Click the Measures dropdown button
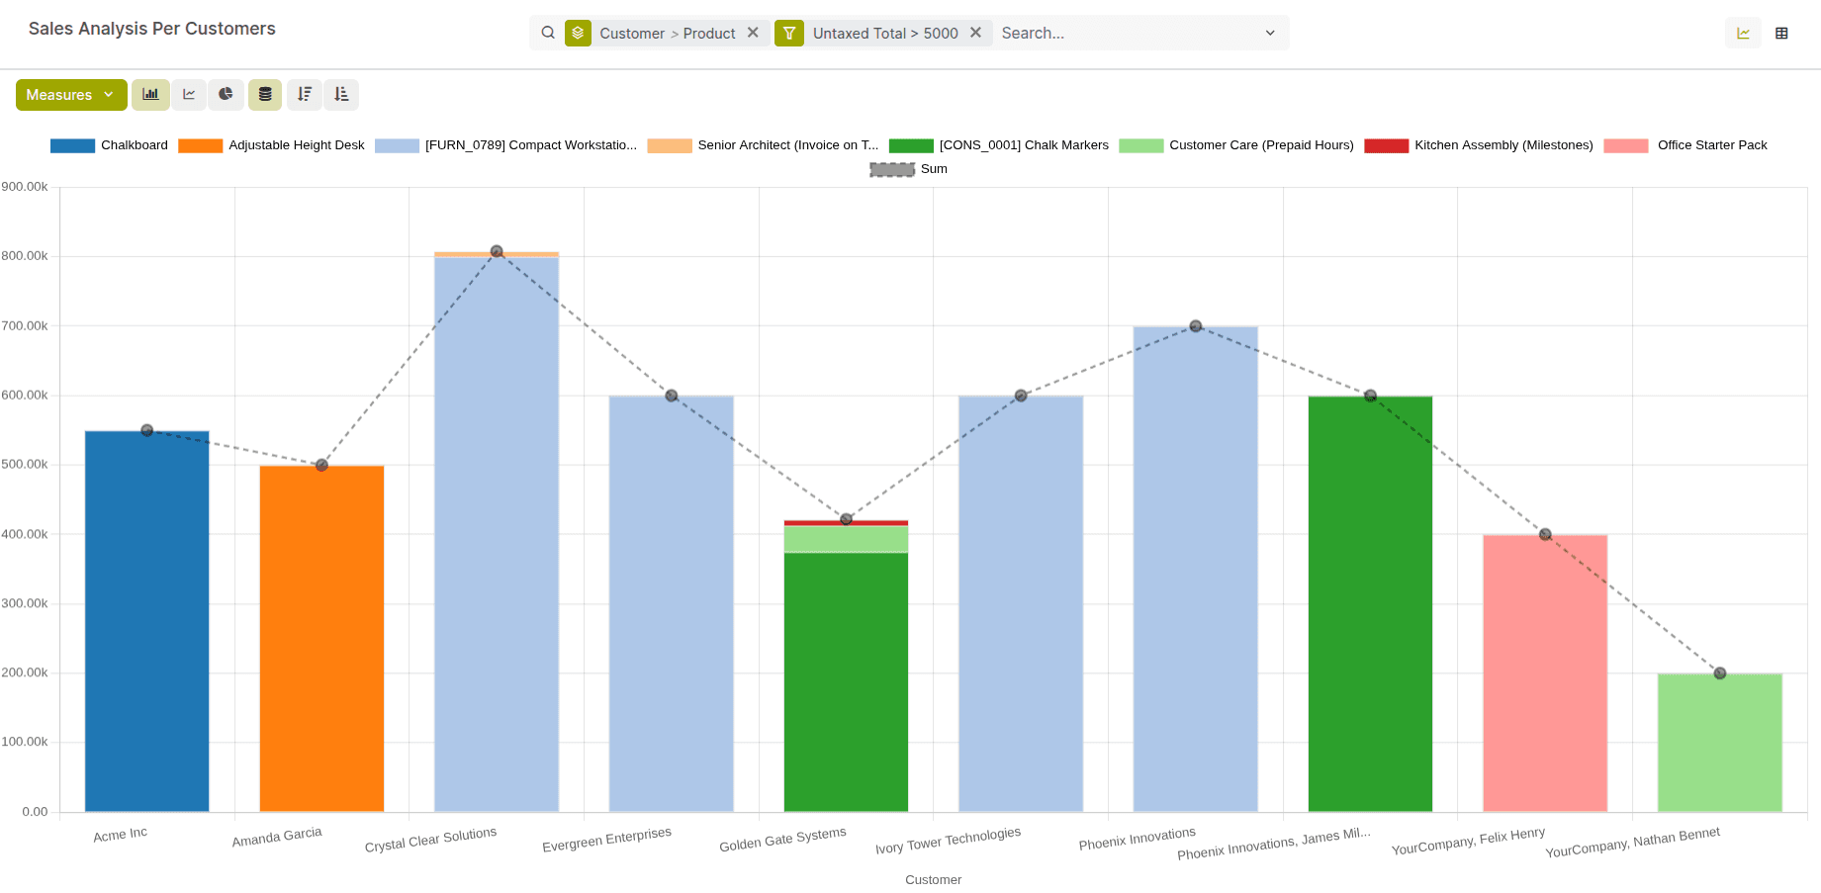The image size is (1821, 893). point(70,95)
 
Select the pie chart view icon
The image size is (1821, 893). point(226,95)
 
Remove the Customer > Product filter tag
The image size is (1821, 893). point(753,33)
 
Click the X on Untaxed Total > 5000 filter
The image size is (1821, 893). point(975,33)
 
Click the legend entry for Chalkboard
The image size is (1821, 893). point(109,145)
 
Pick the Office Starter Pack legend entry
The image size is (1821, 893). point(1685,145)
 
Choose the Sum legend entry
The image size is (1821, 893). point(908,169)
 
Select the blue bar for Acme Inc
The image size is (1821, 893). point(146,623)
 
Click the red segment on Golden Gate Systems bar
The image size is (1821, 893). point(846,523)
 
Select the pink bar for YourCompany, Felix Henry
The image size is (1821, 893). point(1545,672)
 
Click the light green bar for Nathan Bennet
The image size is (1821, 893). point(1719,742)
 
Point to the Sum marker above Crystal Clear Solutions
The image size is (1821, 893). point(497,251)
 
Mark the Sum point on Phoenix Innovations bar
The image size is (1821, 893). point(1195,326)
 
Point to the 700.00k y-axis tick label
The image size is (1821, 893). point(25,325)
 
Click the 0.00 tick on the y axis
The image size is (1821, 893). point(35,812)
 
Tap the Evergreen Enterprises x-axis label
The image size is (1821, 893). point(606,840)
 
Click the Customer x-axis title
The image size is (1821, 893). point(933,880)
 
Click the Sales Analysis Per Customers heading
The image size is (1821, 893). point(152,29)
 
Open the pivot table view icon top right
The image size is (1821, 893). point(1781,34)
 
